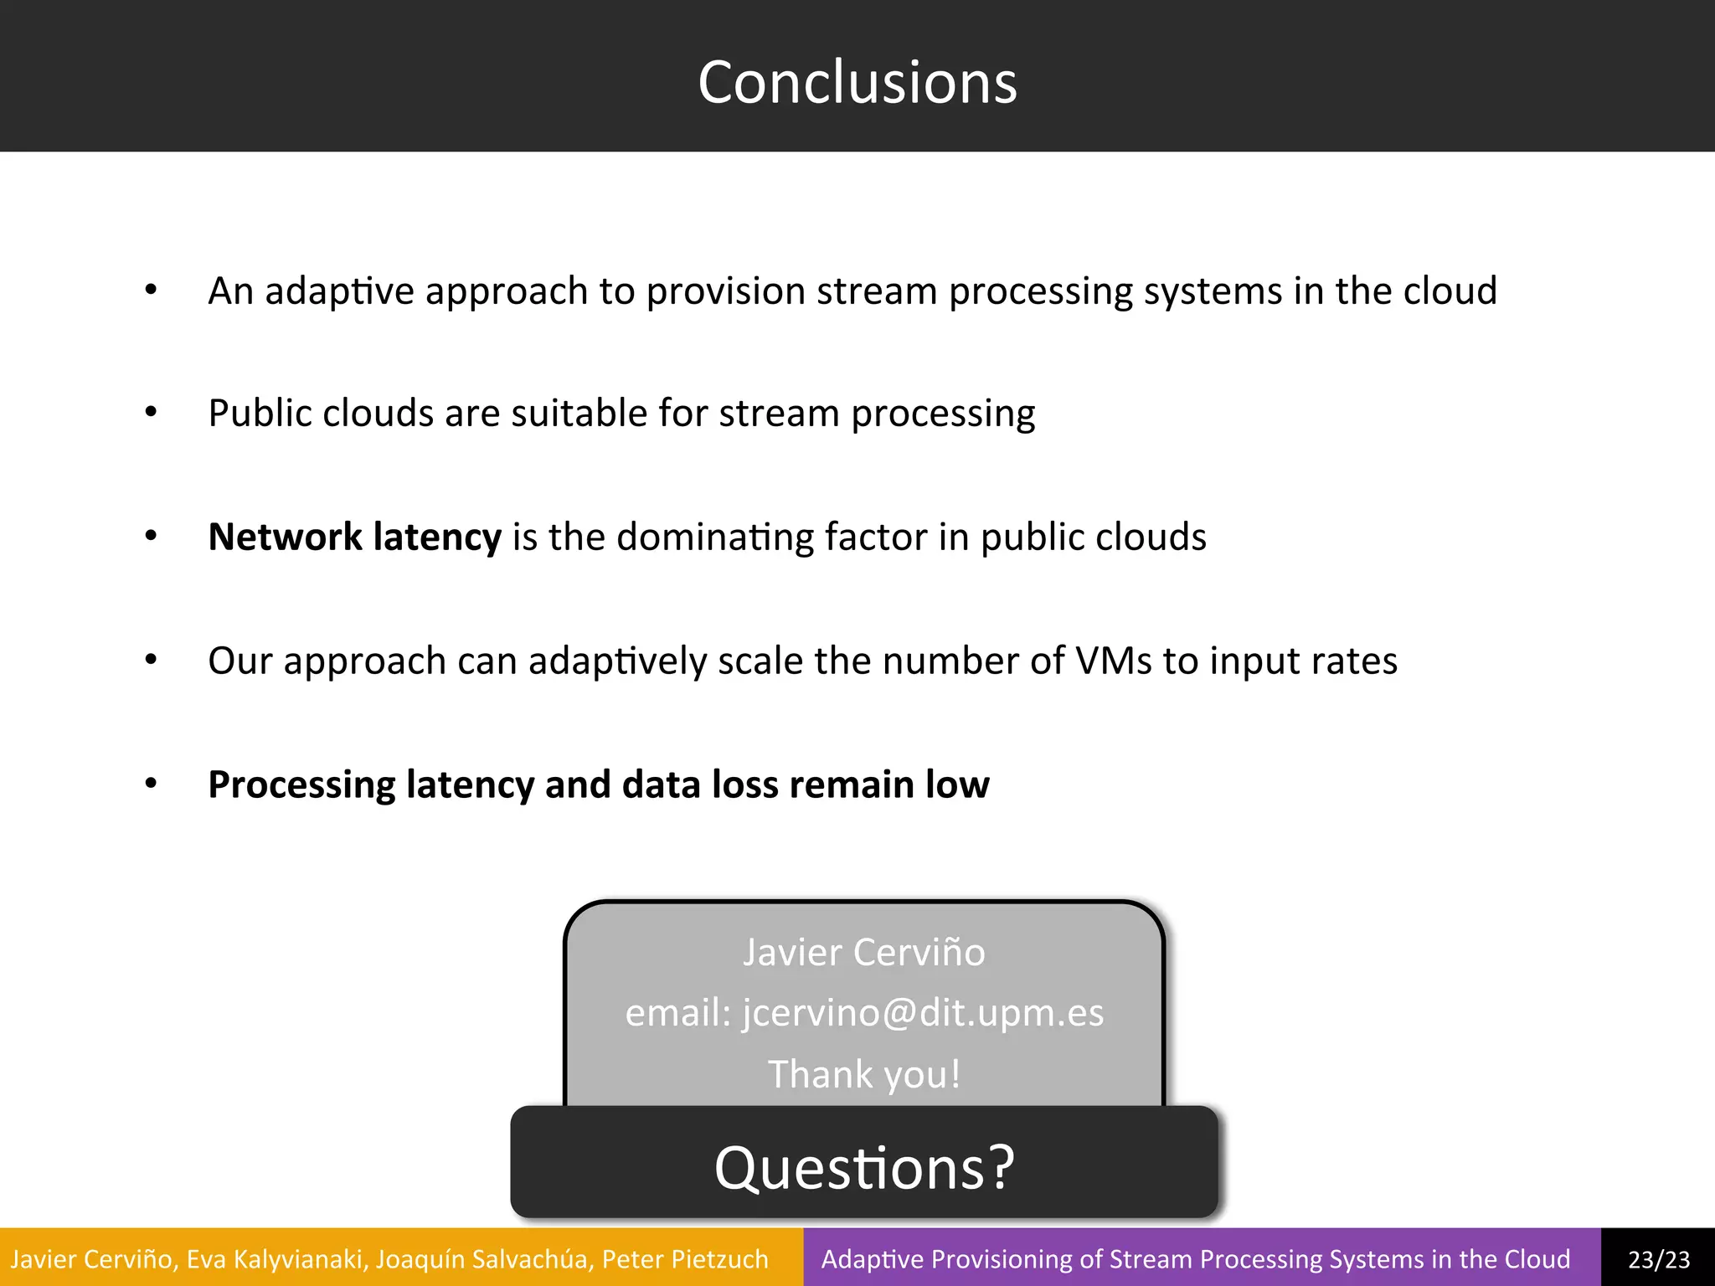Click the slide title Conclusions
point(857,82)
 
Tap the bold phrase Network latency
point(354,537)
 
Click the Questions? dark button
point(864,1165)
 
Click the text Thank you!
point(864,1074)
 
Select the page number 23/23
point(1659,1259)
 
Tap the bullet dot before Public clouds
point(151,413)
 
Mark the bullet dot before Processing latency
point(151,784)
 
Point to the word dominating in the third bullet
point(714,538)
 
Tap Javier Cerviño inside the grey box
point(864,952)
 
